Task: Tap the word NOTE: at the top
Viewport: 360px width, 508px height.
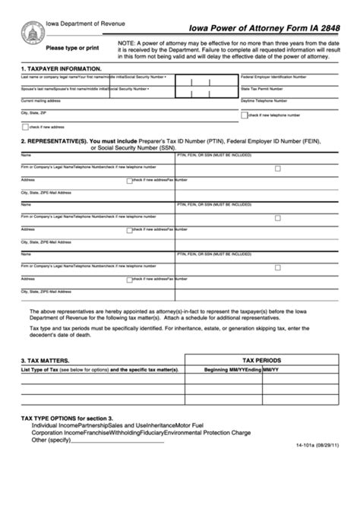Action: pyautogui.click(x=128, y=43)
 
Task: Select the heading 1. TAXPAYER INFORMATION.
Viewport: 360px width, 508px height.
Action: pyautogui.click(x=61, y=68)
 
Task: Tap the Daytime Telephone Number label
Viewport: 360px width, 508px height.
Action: pyautogui.click(x=266, y=100)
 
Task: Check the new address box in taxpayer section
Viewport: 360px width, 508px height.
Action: pyautogui.click(x=25, y=126)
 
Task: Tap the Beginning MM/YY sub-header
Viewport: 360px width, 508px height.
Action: pyautogui.click(x=217, y=370)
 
